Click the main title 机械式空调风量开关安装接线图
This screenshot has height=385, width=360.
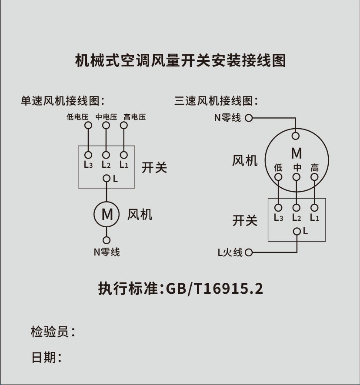180,60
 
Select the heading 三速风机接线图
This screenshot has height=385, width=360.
216,101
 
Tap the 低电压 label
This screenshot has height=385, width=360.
77,117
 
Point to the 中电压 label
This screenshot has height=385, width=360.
106,117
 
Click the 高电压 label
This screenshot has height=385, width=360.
134,117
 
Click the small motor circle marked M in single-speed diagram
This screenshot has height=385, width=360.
107,214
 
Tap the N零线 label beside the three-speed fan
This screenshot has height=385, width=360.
227,118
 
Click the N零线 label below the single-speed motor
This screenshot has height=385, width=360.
107,252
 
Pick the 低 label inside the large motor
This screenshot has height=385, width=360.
279,167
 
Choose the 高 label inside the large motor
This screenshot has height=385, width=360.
315,167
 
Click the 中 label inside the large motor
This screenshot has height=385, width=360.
297,167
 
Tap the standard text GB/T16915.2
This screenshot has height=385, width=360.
215,289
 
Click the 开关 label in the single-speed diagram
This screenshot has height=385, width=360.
154,167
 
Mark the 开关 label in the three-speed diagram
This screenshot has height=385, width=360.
245,220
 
